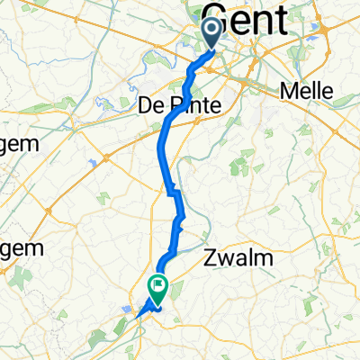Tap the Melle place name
click(308, 91)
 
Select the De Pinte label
click(179, 105)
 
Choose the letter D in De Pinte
click(146, 105)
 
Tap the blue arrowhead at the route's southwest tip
click(138, 315)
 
